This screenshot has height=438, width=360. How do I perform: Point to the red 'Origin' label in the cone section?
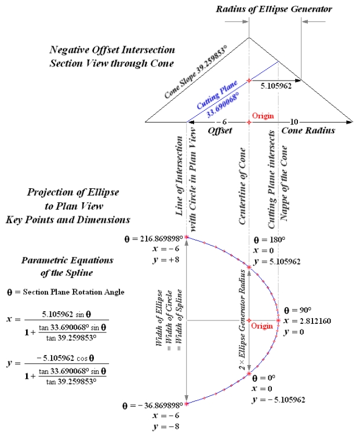click(x=263, y=116)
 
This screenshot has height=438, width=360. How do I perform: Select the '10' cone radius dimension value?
click(x=294, y=122)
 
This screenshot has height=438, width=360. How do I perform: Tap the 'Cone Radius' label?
click(x=308, y=131)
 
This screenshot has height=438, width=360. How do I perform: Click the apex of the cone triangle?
click(x=249, y=38)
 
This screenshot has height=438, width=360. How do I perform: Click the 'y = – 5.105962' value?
click(x=279, y=399)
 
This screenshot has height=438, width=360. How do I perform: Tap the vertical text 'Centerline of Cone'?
click(x=243, y=182)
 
